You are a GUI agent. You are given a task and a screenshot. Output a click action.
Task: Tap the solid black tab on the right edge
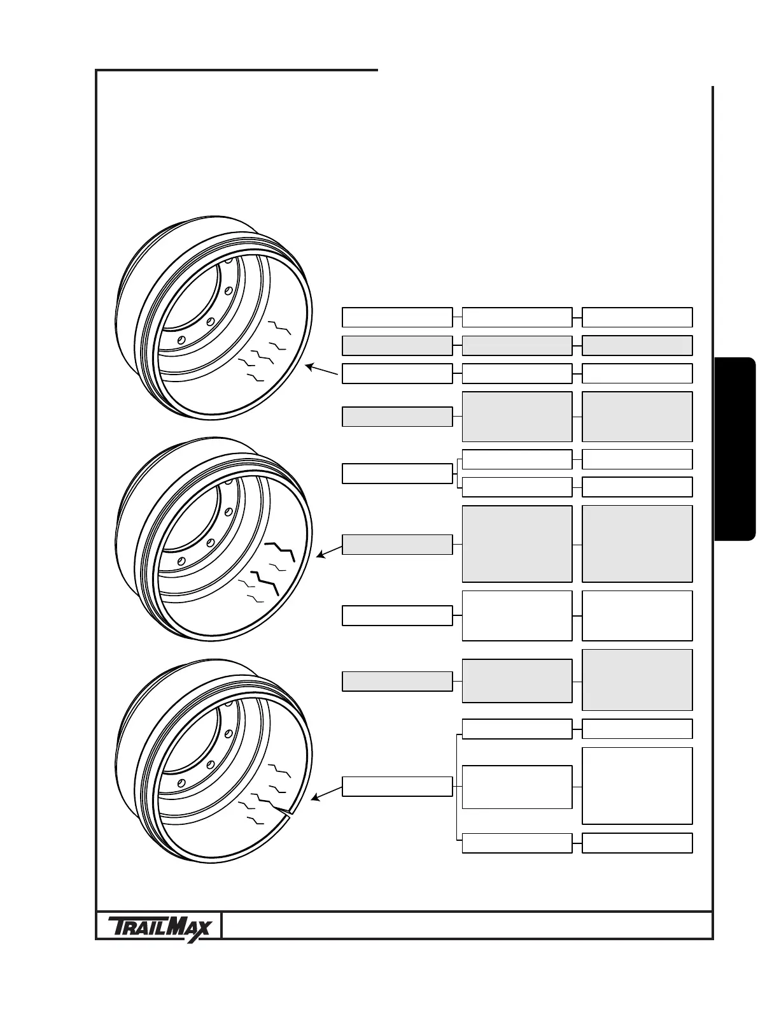[x=735, y=450]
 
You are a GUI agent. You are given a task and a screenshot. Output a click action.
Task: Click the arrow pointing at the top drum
[x=321, y=371]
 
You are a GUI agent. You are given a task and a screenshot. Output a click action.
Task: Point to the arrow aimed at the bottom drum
[x=325, y=792]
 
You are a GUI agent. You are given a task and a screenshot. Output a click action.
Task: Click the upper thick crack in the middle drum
[x=281, y=549]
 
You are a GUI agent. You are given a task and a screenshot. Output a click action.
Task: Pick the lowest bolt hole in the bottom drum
[x=181, y=782]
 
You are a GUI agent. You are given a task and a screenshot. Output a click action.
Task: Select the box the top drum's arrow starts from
[x=397, y=373]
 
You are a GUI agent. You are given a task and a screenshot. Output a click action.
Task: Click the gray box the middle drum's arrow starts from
[x=397, y=545]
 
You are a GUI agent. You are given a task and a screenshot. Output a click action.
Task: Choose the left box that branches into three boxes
[x=397, y=786]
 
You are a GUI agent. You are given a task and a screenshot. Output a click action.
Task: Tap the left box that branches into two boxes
[x=397, y=473]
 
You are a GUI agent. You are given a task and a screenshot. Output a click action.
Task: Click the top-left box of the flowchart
[x=397, y=317]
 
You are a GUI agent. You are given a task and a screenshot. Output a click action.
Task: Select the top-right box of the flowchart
[x=637, y=317]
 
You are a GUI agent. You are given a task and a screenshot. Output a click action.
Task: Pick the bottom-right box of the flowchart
[x=637, y=843]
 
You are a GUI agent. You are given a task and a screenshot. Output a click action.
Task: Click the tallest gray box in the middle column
[x=517, y=544]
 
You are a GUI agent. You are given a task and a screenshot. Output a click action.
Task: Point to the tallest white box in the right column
[x=637, y=785]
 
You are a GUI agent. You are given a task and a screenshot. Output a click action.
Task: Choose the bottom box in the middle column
[x=517, y=843]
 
